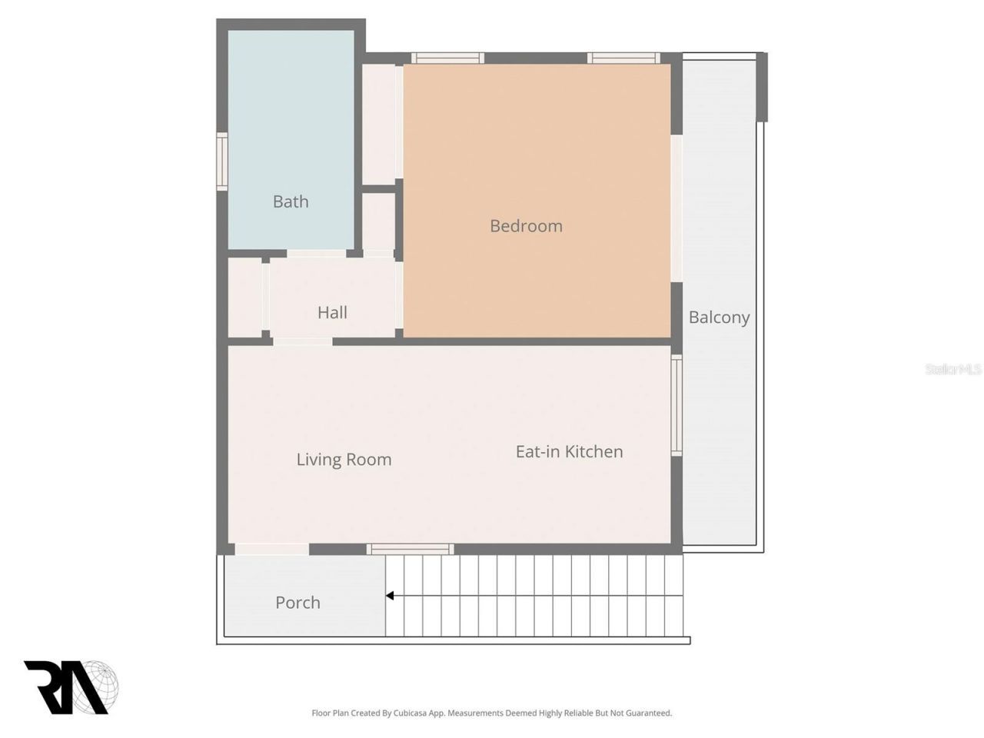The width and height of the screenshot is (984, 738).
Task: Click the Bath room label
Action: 291,201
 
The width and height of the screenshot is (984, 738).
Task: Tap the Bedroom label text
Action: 526,226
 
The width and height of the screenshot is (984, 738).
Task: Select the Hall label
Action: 332,313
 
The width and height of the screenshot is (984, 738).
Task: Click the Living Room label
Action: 344,460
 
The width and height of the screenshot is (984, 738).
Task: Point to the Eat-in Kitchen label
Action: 569,452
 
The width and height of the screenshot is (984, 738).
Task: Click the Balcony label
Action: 719,317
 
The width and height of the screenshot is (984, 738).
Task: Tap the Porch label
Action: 298,603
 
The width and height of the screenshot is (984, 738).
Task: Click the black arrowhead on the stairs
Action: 390,596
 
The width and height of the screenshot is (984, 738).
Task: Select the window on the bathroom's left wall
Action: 221,161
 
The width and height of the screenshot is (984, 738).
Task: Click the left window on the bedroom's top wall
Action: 447,58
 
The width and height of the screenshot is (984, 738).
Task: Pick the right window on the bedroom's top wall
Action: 623,58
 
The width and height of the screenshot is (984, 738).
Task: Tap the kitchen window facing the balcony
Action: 676,405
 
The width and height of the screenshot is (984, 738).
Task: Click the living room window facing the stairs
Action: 410,549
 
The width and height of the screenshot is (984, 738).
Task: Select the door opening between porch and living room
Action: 271,549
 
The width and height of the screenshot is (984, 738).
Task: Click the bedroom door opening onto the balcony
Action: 676,208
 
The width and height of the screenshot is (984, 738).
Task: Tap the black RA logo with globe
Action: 71,687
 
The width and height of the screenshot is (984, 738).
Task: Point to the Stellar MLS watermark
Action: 952,370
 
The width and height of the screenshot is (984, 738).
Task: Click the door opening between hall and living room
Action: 302,341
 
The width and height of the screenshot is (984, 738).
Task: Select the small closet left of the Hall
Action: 245,297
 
